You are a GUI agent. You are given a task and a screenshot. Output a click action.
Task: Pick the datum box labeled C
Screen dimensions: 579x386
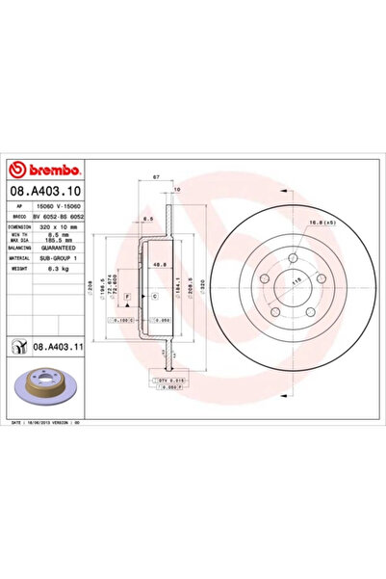click(154, 300)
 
